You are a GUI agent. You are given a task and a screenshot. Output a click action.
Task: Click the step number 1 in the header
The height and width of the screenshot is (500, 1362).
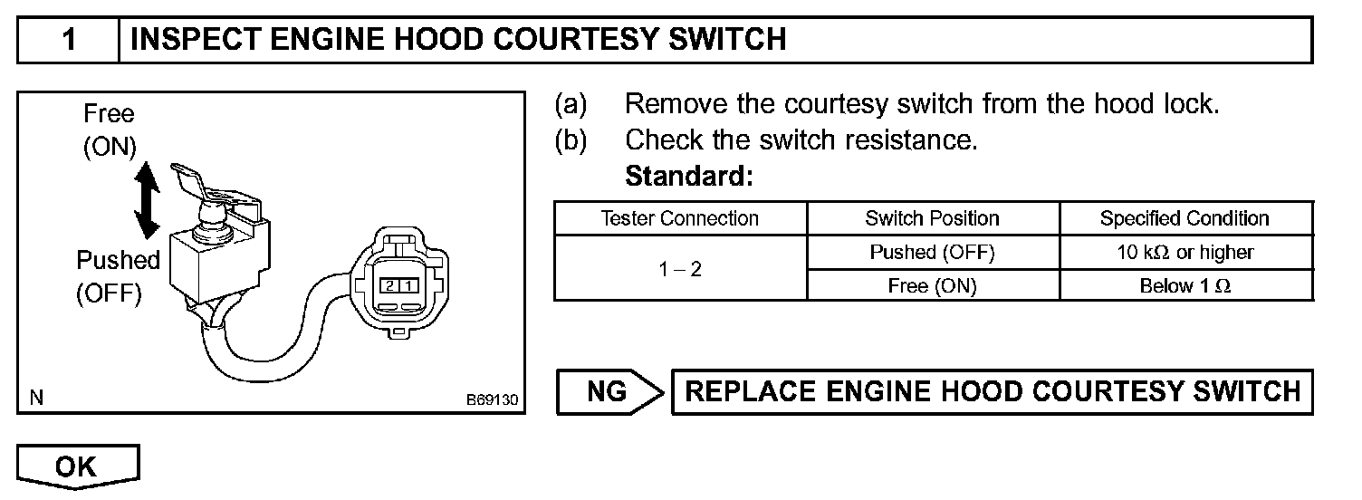(69, 41)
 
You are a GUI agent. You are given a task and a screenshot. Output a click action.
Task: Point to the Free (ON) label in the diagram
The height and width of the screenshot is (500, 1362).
(109, 130)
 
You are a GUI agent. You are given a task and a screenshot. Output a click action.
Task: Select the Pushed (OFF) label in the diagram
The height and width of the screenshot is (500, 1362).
(117, 276)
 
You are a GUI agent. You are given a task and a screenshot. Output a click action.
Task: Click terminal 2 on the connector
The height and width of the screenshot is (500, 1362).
(388, 286)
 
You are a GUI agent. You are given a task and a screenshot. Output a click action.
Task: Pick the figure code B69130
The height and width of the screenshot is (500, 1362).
(493, 399)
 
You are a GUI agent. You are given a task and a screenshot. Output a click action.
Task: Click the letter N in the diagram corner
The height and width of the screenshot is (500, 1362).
(35, 397)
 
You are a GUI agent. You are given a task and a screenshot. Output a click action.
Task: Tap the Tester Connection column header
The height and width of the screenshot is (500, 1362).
(679, 218)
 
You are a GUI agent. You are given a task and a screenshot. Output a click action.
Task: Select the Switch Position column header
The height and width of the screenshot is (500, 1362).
(932, 218)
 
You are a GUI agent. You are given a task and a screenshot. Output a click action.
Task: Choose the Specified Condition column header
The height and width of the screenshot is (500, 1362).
(1185, 218)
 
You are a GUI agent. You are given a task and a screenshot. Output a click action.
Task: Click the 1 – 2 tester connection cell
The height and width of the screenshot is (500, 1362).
(679, 269)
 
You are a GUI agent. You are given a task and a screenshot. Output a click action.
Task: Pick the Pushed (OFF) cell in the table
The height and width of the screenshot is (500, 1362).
(932, 253)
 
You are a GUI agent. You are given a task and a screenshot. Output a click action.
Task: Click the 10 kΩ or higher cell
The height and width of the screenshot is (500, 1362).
(1185, 253)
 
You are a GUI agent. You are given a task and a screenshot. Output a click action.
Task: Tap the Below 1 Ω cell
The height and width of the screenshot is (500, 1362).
(1185, 286)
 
